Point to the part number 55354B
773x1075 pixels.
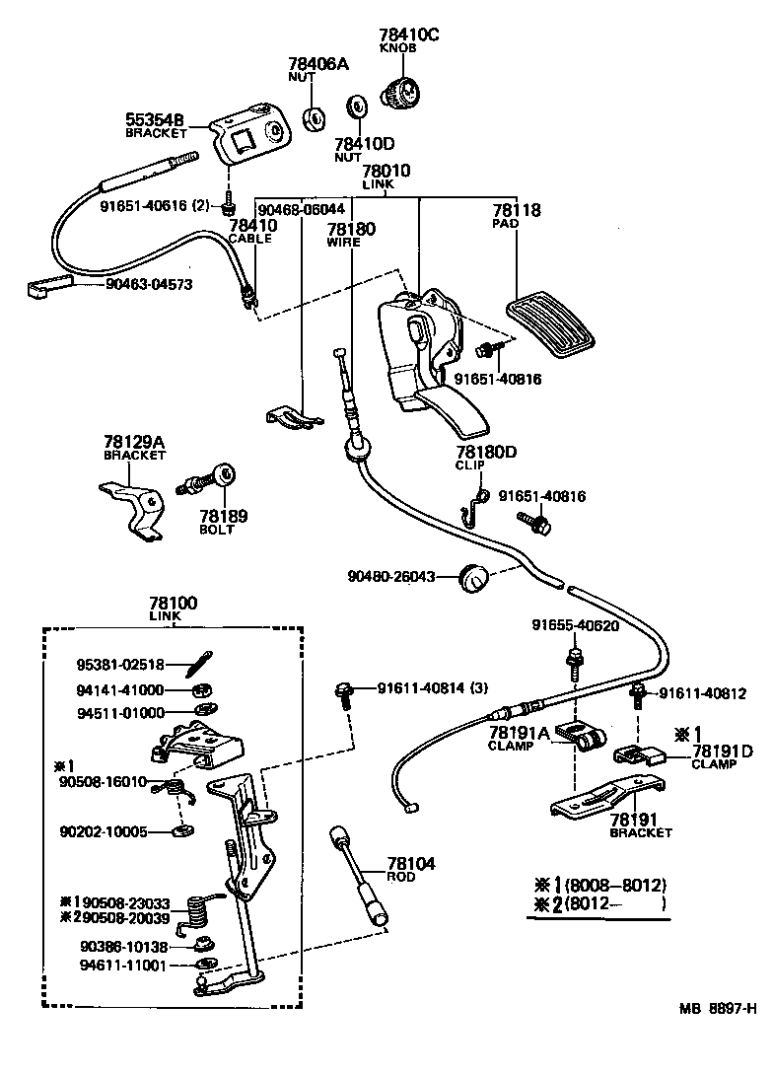point(155,119)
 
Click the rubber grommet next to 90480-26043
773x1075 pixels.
point(477,579)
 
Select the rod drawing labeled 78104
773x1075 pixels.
point(361,872)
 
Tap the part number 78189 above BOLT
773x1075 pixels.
point(224,516)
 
